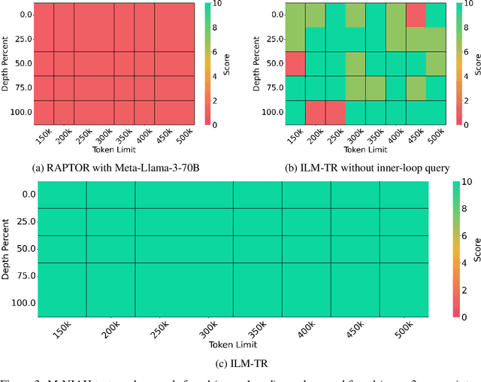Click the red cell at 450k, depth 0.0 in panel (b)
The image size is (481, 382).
(x=416, y=15)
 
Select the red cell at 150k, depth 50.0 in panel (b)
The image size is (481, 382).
(x=295, y=63)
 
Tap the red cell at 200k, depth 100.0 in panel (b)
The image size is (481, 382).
(x=316, y=112)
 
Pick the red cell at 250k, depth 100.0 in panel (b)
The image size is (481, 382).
(x=335, y=112)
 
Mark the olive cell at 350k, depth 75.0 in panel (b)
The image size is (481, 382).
(x=375, y=88)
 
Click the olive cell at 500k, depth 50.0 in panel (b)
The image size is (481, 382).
(x=436, y=63)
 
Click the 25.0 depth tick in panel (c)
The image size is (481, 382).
(x=26, y=221)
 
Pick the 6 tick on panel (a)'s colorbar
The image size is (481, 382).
(x=216, y=51)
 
